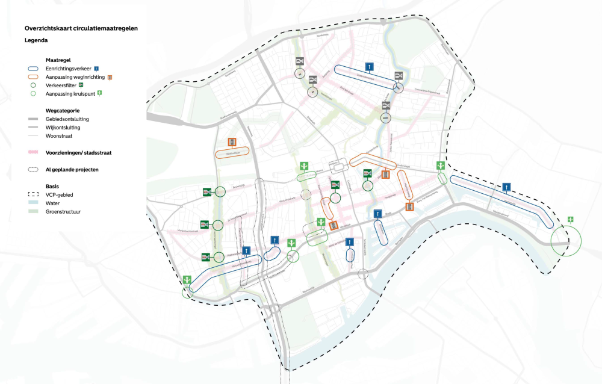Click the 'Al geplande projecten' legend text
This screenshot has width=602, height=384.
point(72,170)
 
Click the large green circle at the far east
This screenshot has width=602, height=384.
point(566,240)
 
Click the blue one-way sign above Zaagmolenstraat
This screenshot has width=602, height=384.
point(369,66)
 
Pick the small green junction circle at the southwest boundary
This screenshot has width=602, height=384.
point(188,291)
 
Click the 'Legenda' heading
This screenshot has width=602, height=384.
point(36,40)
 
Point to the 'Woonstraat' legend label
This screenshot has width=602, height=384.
point(58,136)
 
